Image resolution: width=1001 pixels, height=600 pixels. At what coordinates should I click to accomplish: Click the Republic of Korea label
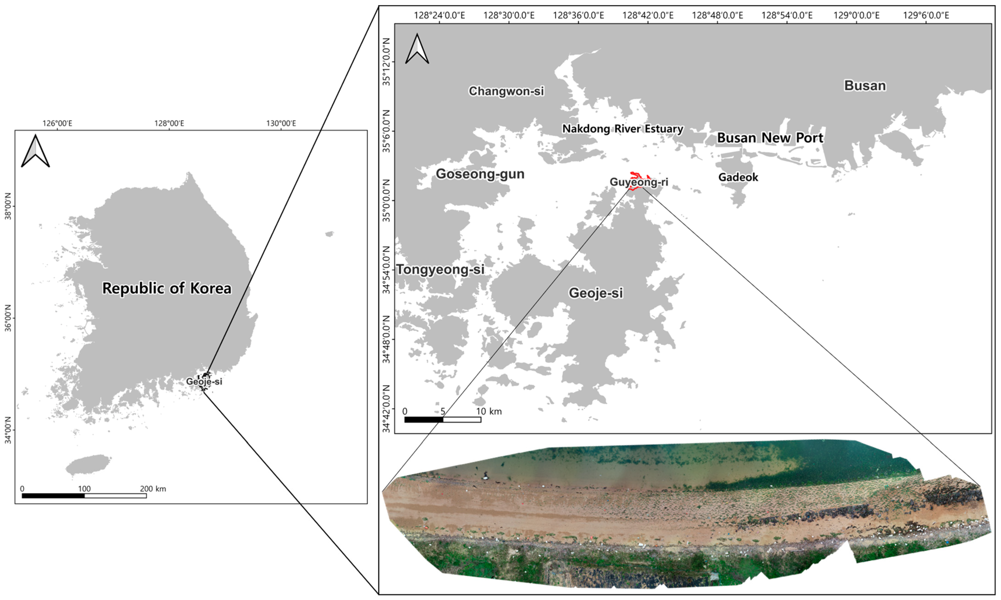point(167,288)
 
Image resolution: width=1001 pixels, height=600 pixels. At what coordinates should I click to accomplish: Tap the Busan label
point(865,86)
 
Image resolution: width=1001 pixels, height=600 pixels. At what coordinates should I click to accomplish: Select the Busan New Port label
point(770,138)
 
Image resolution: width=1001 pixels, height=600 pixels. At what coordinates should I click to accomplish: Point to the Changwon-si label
point(506,91)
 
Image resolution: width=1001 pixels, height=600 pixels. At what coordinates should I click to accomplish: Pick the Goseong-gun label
point(480,174)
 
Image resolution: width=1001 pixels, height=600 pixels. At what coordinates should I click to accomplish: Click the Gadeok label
point(738,177)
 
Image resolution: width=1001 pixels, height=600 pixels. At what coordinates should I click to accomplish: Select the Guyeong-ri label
point(638,182)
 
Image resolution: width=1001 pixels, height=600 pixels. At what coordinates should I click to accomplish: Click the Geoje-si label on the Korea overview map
point(204,381)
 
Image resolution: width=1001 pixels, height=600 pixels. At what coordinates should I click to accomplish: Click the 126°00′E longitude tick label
point(57,123)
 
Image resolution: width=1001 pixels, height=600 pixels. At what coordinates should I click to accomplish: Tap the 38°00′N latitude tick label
point(8,206)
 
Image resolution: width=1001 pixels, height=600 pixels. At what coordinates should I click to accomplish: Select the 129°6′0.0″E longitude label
point(926,15)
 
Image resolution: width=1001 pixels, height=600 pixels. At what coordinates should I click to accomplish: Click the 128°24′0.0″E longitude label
point(439,15)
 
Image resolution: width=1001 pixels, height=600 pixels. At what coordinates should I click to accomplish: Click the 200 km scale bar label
point(153,489)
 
